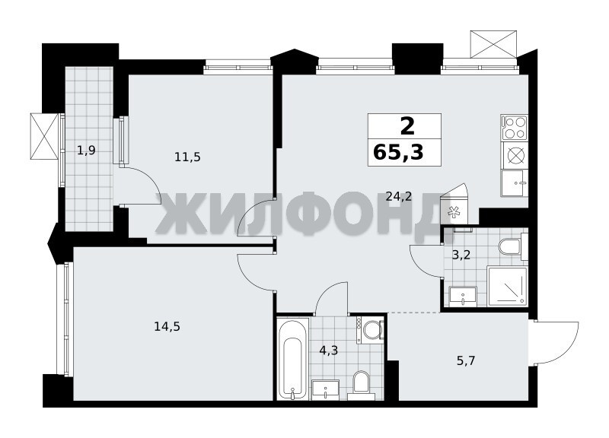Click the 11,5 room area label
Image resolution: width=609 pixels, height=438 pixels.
pos(187,157)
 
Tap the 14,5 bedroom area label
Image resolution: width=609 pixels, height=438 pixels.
pos(167,327)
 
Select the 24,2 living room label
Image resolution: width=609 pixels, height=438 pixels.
pos(399,197)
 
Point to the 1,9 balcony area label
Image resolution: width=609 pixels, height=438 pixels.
pos(86,150)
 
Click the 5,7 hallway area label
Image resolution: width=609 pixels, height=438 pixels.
pos(466,361)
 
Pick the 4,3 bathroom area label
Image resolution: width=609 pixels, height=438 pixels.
pos(329,351)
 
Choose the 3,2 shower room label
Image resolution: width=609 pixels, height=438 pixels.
pos(461,255)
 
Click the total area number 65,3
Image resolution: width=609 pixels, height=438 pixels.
pos(398,151)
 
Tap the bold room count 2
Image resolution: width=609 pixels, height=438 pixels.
pos(407,126)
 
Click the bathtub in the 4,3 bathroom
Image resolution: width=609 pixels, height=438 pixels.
pos(293,359)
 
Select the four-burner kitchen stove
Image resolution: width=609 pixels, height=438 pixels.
pos(515,128)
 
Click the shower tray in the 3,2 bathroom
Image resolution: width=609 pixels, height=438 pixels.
pos(507,287)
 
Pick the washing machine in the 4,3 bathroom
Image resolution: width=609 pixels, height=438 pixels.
pos(370,330)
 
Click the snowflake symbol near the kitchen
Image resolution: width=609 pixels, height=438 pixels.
pos(452,212)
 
